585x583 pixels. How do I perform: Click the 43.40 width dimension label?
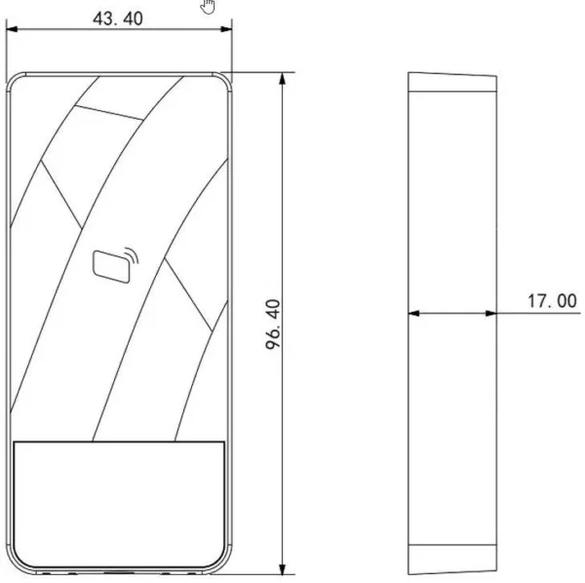click(x=118, y=19)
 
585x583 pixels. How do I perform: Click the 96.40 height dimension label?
click(x=273, y=325)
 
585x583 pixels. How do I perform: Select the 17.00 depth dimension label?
click(x=552, y=301)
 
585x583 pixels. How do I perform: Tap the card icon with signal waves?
click(x=115, y=265)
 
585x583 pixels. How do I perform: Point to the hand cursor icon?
click(x=208, y=7)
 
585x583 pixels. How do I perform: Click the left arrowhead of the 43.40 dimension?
click(x=12, y=29)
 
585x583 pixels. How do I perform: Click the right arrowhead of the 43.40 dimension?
click(x=226, y=29)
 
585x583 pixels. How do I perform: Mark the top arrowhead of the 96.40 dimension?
click(x=283, y=78)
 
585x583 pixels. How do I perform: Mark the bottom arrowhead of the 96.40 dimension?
click(x=283, y=568)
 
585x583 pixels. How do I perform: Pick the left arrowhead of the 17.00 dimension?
click(x=413, y=313)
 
